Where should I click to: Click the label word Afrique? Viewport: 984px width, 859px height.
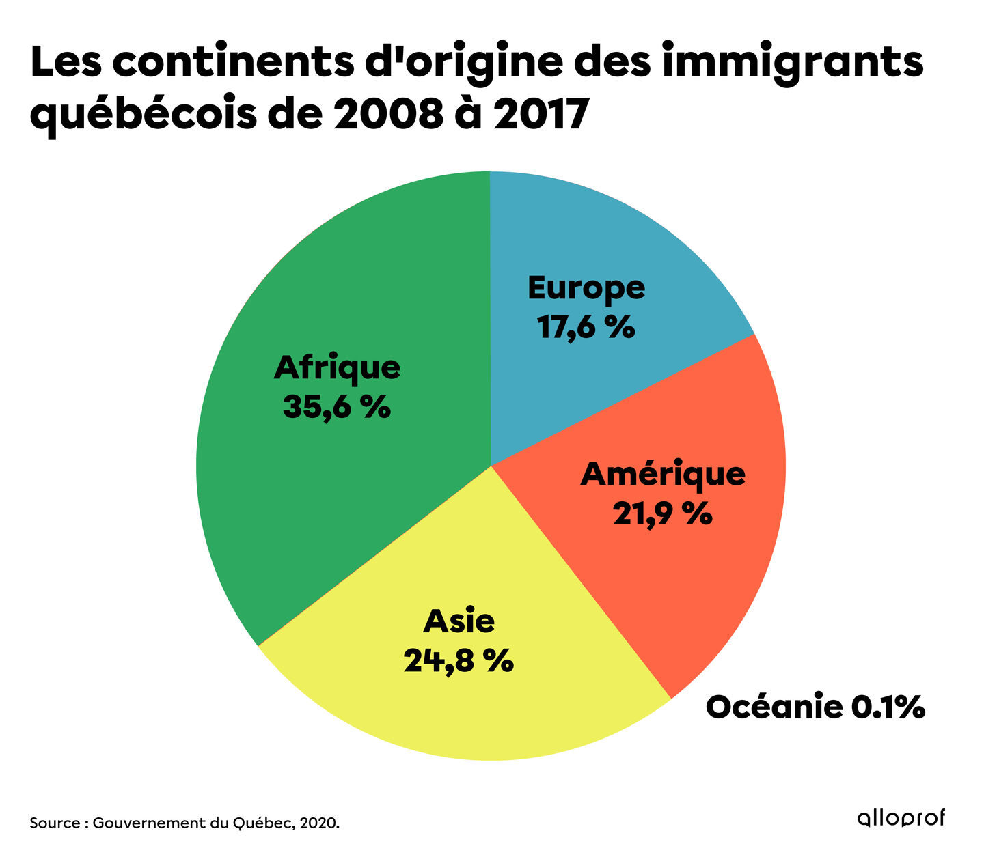tap(337, 368)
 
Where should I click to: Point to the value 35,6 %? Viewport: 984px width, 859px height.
tap(337, 408)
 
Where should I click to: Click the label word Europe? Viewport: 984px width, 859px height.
tap(586, 288)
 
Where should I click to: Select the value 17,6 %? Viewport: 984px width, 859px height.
tap(586, 328)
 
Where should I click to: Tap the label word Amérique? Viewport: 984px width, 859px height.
tap(663, 473)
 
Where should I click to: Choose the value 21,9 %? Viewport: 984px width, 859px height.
tap(662, 513)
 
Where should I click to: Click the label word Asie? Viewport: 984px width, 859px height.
tap(459, 621)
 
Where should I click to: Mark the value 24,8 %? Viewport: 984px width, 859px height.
tap(459, 661)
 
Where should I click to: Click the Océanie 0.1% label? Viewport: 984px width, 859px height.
tap(815, 707)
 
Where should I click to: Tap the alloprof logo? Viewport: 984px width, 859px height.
tap(901, 818)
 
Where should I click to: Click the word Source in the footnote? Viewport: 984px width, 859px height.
tap(55, 823)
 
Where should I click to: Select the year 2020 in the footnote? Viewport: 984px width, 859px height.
tap(320, 823)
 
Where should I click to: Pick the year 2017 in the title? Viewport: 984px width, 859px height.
tap(540, 115)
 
